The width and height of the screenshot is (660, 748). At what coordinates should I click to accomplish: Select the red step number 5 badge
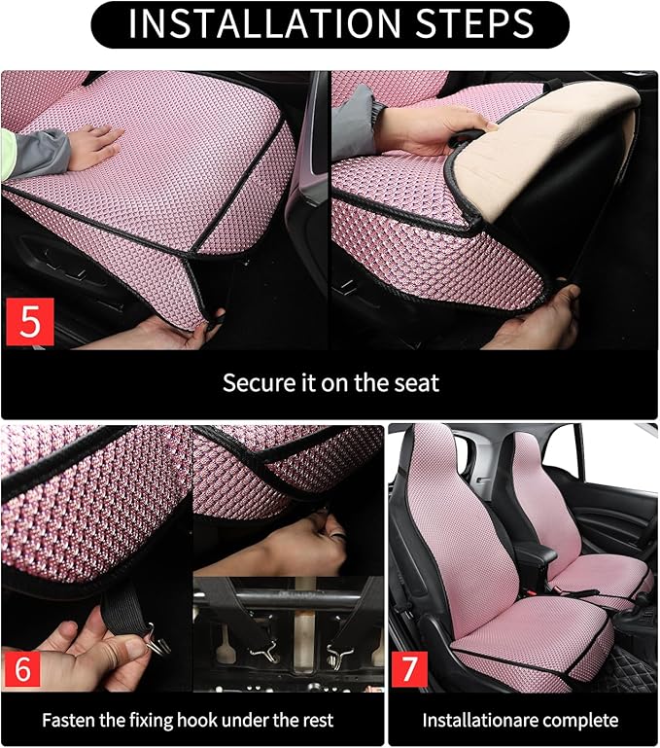tap(29, 322)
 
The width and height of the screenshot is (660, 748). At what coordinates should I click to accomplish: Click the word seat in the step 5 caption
tap(416, 382)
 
